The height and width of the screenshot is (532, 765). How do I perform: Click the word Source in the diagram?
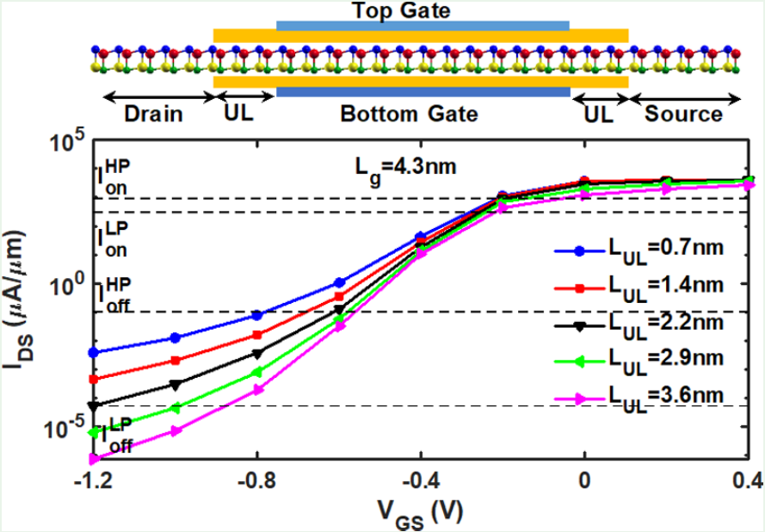tap(683, 114)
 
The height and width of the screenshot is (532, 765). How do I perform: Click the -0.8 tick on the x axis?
tap(256, 481)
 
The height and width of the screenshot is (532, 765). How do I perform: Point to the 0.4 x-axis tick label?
tap(746, 481)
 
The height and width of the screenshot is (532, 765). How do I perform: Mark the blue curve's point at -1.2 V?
tap(94, 352)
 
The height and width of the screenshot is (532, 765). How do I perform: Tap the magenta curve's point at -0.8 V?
tap(256, 389)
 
